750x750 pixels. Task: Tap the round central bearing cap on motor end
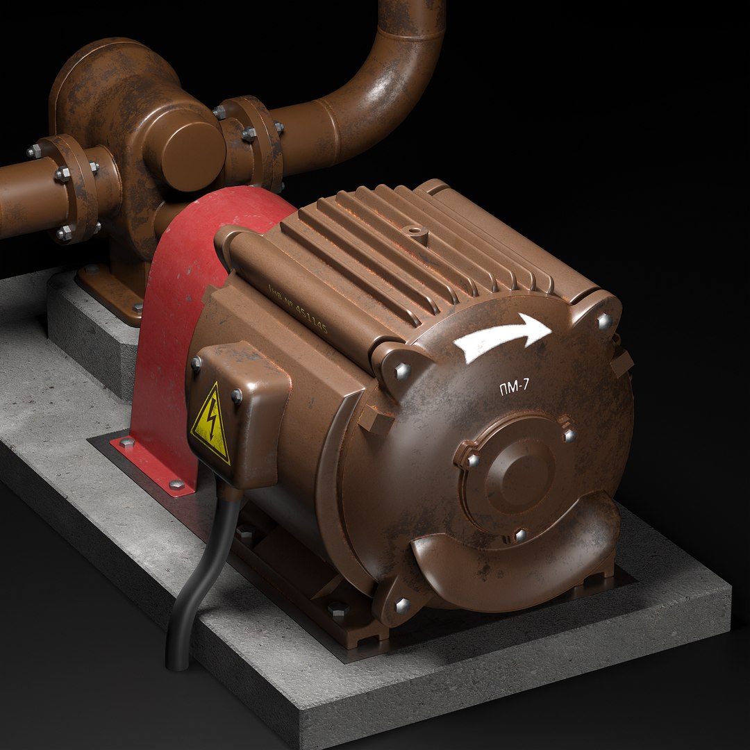517,472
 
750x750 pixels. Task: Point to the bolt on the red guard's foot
176,484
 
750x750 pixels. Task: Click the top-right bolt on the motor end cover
604,320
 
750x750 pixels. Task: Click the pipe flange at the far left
69,187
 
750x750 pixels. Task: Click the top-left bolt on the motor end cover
402,372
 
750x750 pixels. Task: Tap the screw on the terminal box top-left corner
197,362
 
